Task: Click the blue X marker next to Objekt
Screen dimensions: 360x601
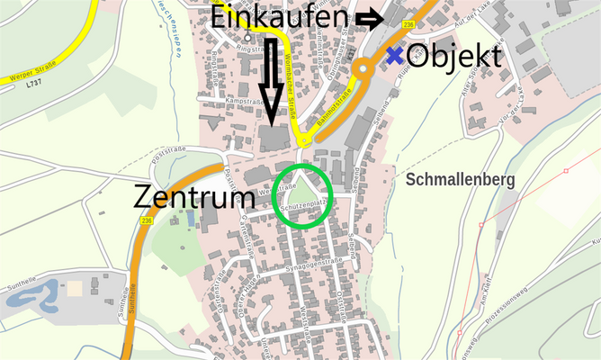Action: click(x=394, y=55)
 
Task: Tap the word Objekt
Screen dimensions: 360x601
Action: click(x=453, y=56)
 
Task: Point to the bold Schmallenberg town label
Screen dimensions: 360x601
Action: click(x=461, y=180)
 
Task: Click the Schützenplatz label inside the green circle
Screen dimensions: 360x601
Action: click(x=302, y=207)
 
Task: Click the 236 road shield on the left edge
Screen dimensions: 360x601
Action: click(x=147, y=220)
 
